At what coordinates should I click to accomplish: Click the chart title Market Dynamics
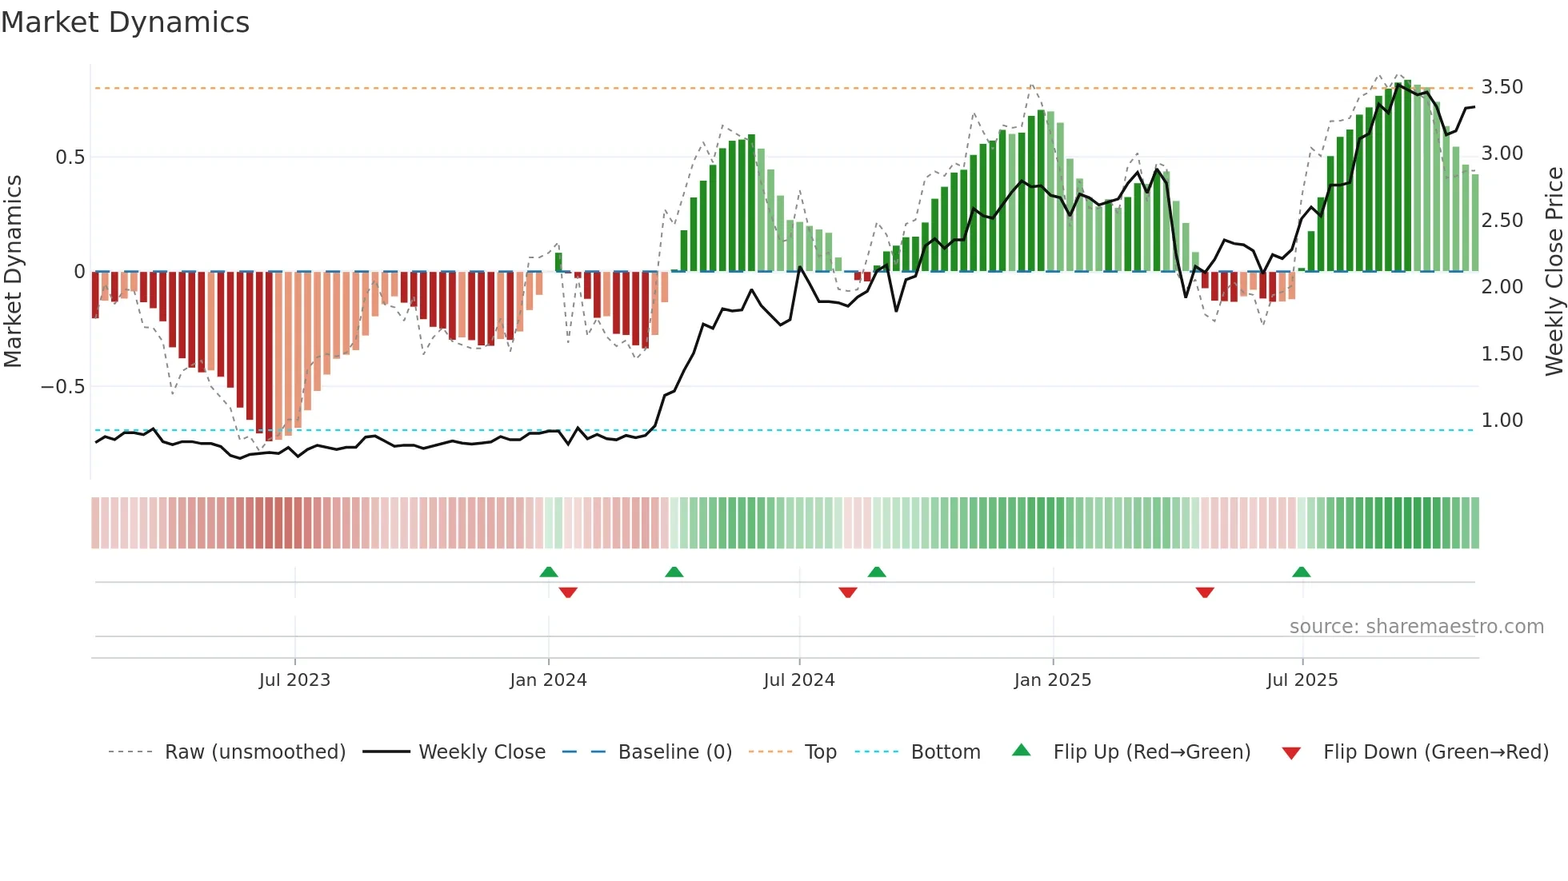point(126,22)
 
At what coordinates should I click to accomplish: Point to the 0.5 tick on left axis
point(70,157)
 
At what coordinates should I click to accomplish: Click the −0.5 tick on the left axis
point(63,387)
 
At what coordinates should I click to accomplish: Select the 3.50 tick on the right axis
point(1502,87)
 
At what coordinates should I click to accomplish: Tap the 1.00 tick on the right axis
point(1502,421)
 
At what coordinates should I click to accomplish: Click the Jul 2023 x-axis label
point(294,680)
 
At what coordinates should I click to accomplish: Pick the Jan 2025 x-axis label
point(1052,680)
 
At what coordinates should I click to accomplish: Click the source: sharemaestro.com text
point(1416,627)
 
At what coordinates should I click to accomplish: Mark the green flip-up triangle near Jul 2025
point(1301,572)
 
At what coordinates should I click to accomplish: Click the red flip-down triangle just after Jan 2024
point(568,592)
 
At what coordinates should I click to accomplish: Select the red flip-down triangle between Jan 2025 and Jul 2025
point(1205,592)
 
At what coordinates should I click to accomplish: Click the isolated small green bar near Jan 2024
point(558,262)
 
